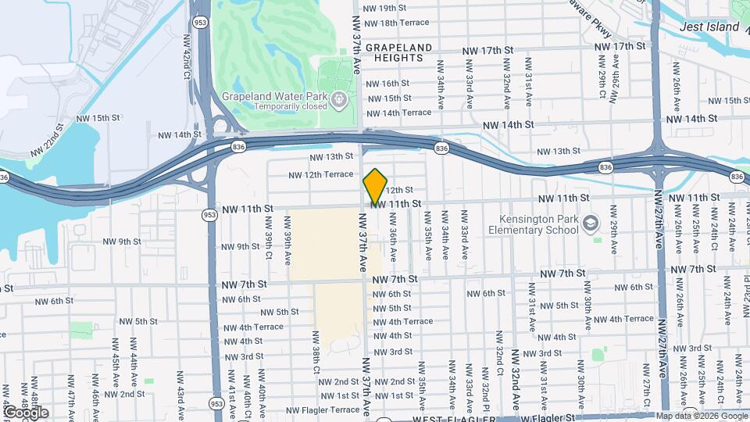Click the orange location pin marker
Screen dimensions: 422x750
pos(375,186)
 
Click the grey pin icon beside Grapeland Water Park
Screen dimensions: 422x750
pos(338,99)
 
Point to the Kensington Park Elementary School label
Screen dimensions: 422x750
pos(534,224)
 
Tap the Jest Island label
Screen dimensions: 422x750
pos(709,27)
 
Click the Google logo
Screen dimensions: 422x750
pos(26,412)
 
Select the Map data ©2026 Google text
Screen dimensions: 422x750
pos(702,416)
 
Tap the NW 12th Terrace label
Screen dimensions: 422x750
pos(320,174)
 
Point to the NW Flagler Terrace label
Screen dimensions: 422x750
pos(321,410)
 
